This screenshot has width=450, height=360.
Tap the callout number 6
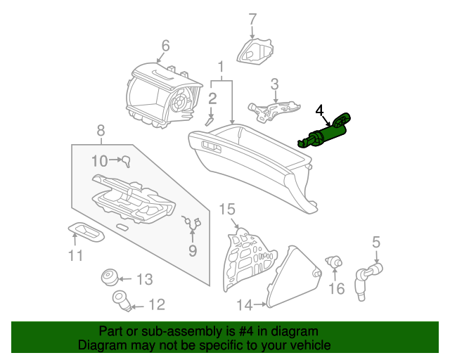[x=165, y=46]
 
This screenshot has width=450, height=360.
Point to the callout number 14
[x=243, y=304]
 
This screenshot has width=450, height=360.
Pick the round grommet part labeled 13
[x=109, y=276]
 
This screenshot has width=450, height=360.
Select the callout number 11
[x=75, y=255]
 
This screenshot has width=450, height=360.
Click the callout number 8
[x=101, y=130]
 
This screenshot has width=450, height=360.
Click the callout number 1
[x=220, y=67]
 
